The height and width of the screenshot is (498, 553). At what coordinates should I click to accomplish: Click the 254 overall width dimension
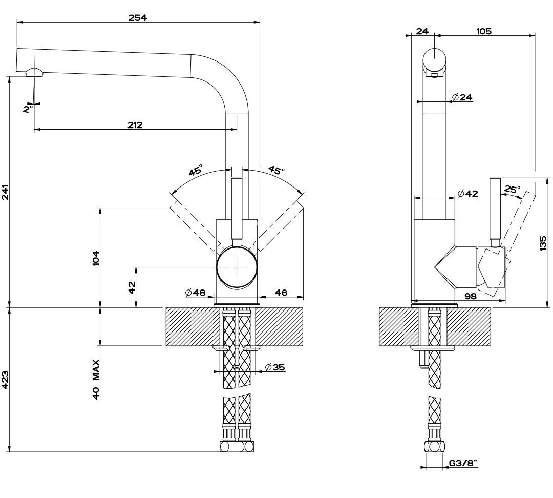point(138,17)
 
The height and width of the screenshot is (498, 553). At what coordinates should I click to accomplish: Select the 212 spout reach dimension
point(135,125)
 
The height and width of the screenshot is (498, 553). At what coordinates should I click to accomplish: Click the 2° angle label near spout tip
point(28,109)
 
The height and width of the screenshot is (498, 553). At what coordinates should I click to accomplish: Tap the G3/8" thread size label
point(463,463)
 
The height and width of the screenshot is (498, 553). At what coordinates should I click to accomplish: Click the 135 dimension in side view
point(543,243)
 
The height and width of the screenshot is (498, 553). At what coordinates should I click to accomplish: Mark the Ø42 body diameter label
point(467,193)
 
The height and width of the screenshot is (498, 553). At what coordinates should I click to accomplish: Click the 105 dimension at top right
point(483,31)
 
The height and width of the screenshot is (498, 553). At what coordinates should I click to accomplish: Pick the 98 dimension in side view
point(471,296)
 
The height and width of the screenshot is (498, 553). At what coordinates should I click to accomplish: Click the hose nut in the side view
point(435,446)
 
